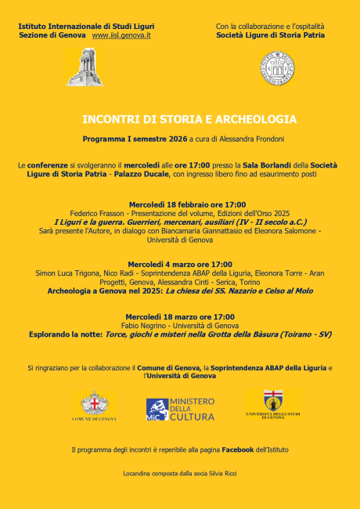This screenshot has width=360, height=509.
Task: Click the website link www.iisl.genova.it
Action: click(x=121, y=36)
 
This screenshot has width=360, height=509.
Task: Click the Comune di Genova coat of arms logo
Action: click(x=98, y=406)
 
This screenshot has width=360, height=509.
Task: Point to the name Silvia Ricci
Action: click(x=220, y=473)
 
